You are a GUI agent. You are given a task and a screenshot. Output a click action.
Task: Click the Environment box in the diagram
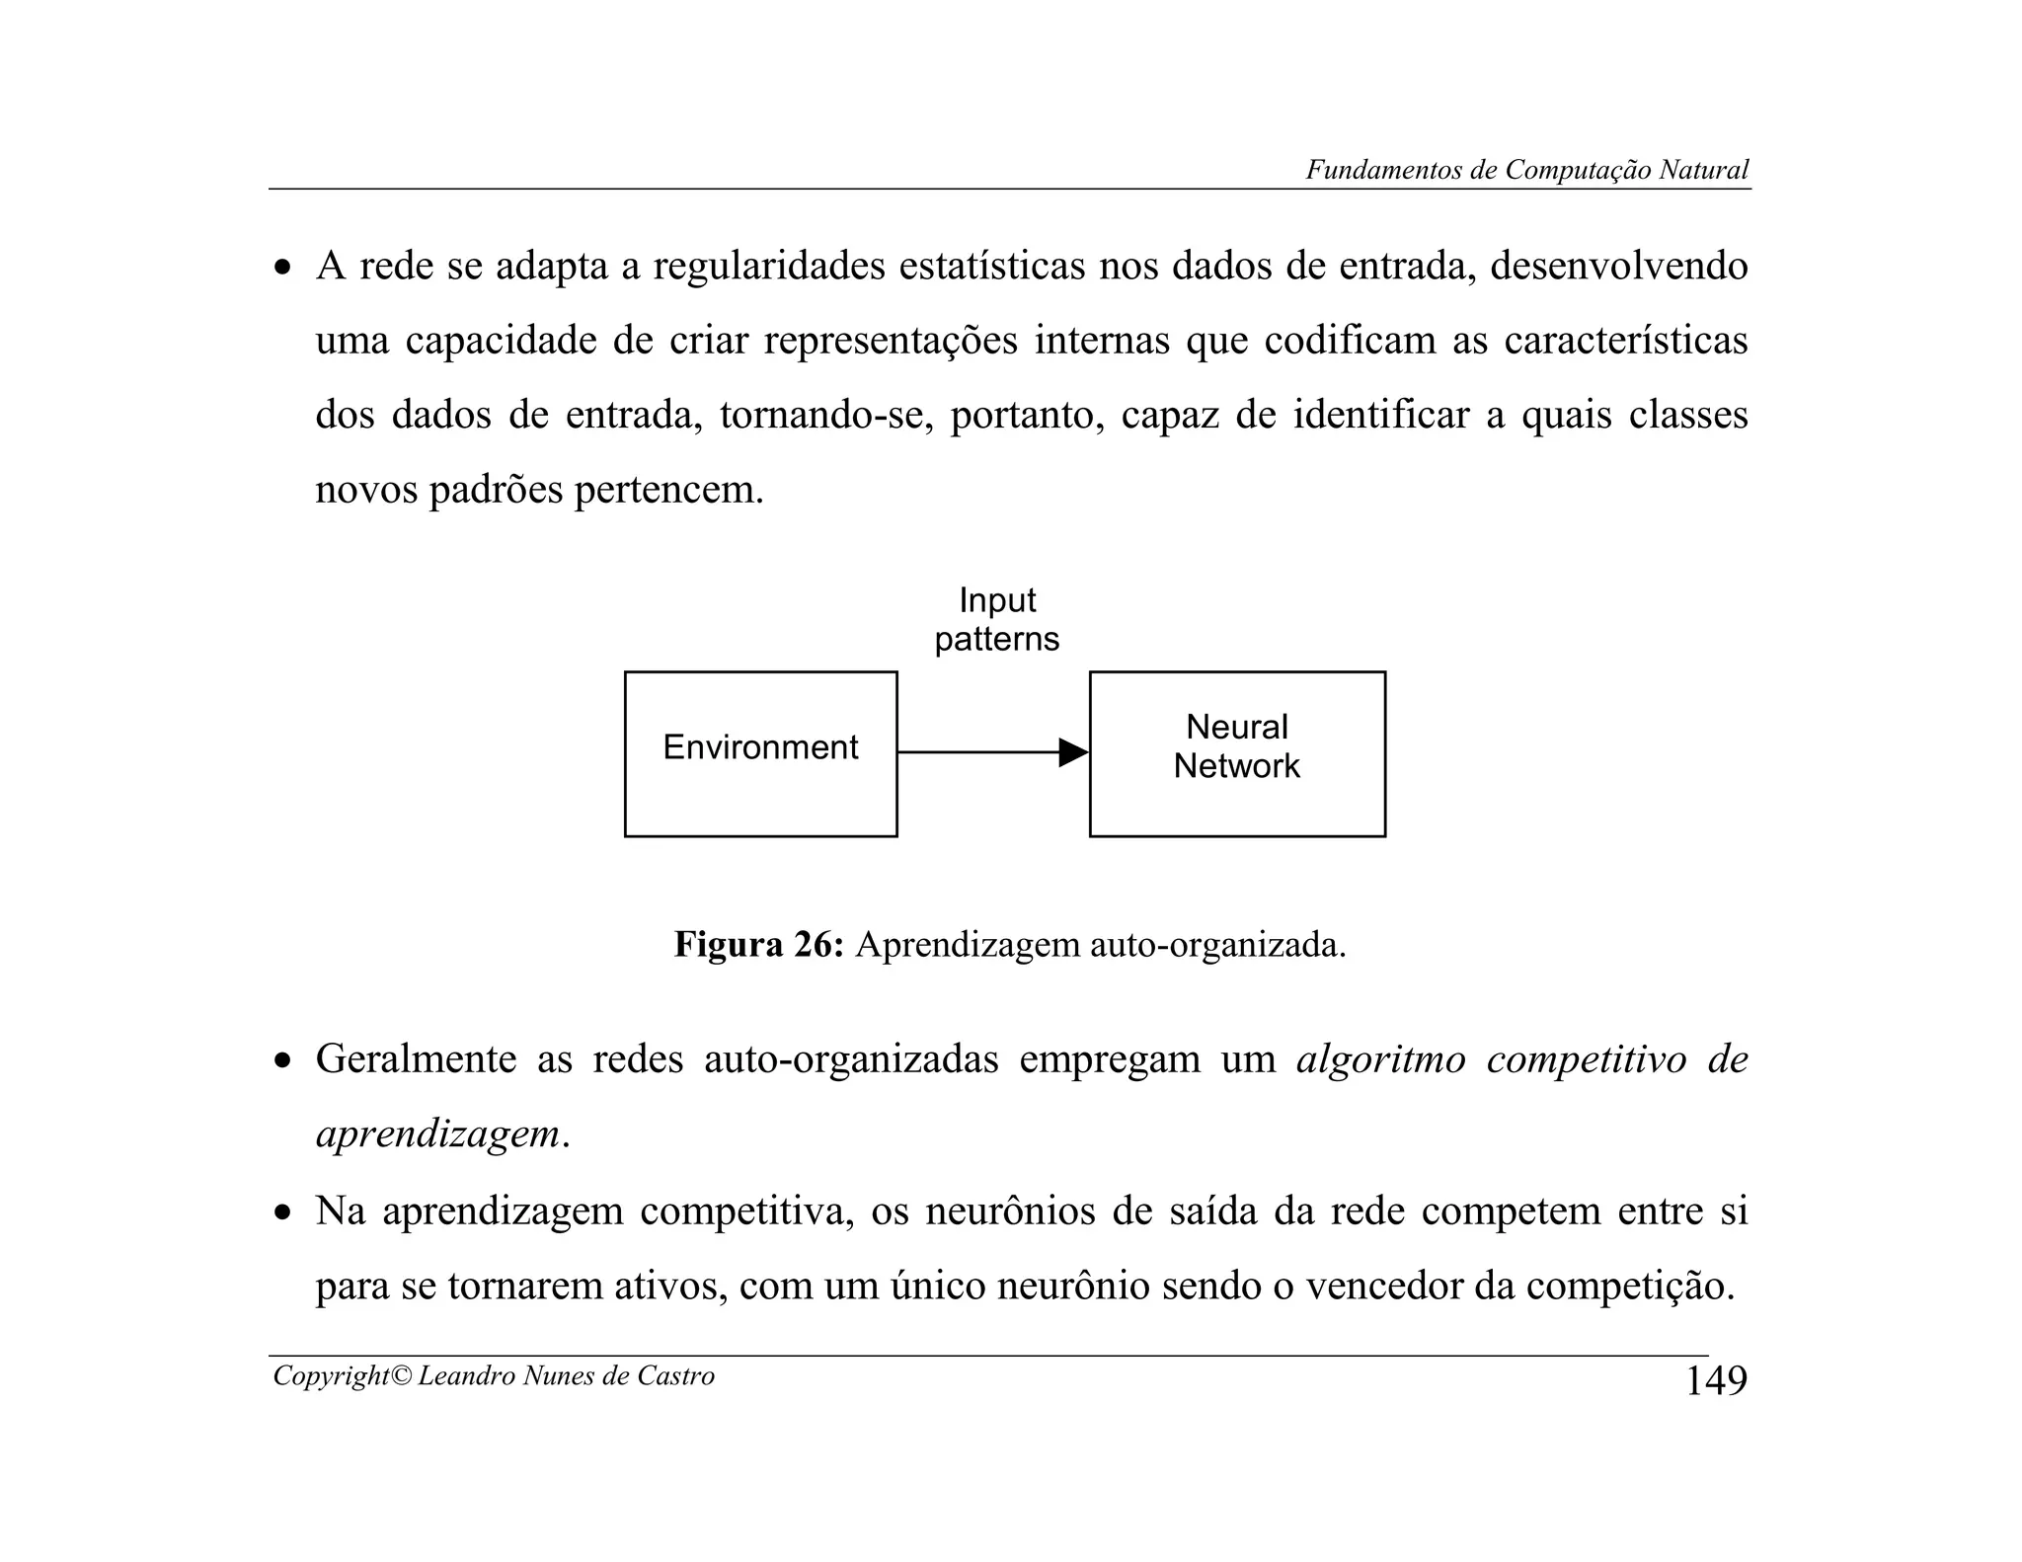(760, 753)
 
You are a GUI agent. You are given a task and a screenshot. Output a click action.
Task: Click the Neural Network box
(1236, 753)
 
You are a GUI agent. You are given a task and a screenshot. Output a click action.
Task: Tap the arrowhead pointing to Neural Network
(1072, 752)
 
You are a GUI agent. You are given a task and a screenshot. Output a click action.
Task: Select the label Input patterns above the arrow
(996, 620)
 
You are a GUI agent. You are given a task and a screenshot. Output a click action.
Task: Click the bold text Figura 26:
(758, 945)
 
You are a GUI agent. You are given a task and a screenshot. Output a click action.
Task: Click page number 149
(1715, 1380)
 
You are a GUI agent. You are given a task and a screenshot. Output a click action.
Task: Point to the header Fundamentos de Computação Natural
(1526, 170)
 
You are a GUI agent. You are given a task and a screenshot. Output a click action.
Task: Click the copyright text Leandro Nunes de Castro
(566, 1375)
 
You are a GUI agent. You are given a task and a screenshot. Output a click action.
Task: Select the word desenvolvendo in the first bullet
(1618, 267)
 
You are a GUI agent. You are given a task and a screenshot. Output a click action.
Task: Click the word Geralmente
(416, 1059)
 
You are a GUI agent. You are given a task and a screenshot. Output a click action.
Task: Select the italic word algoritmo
(1380, 1059)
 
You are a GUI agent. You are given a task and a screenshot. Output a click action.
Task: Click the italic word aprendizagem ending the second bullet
(437, 1134)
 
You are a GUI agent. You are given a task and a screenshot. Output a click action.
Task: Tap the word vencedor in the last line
(1384, 1286)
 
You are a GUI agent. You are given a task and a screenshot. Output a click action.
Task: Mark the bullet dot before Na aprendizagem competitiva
(283, 1213)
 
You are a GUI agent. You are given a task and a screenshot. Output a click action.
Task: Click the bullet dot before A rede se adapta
(283, 269)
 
